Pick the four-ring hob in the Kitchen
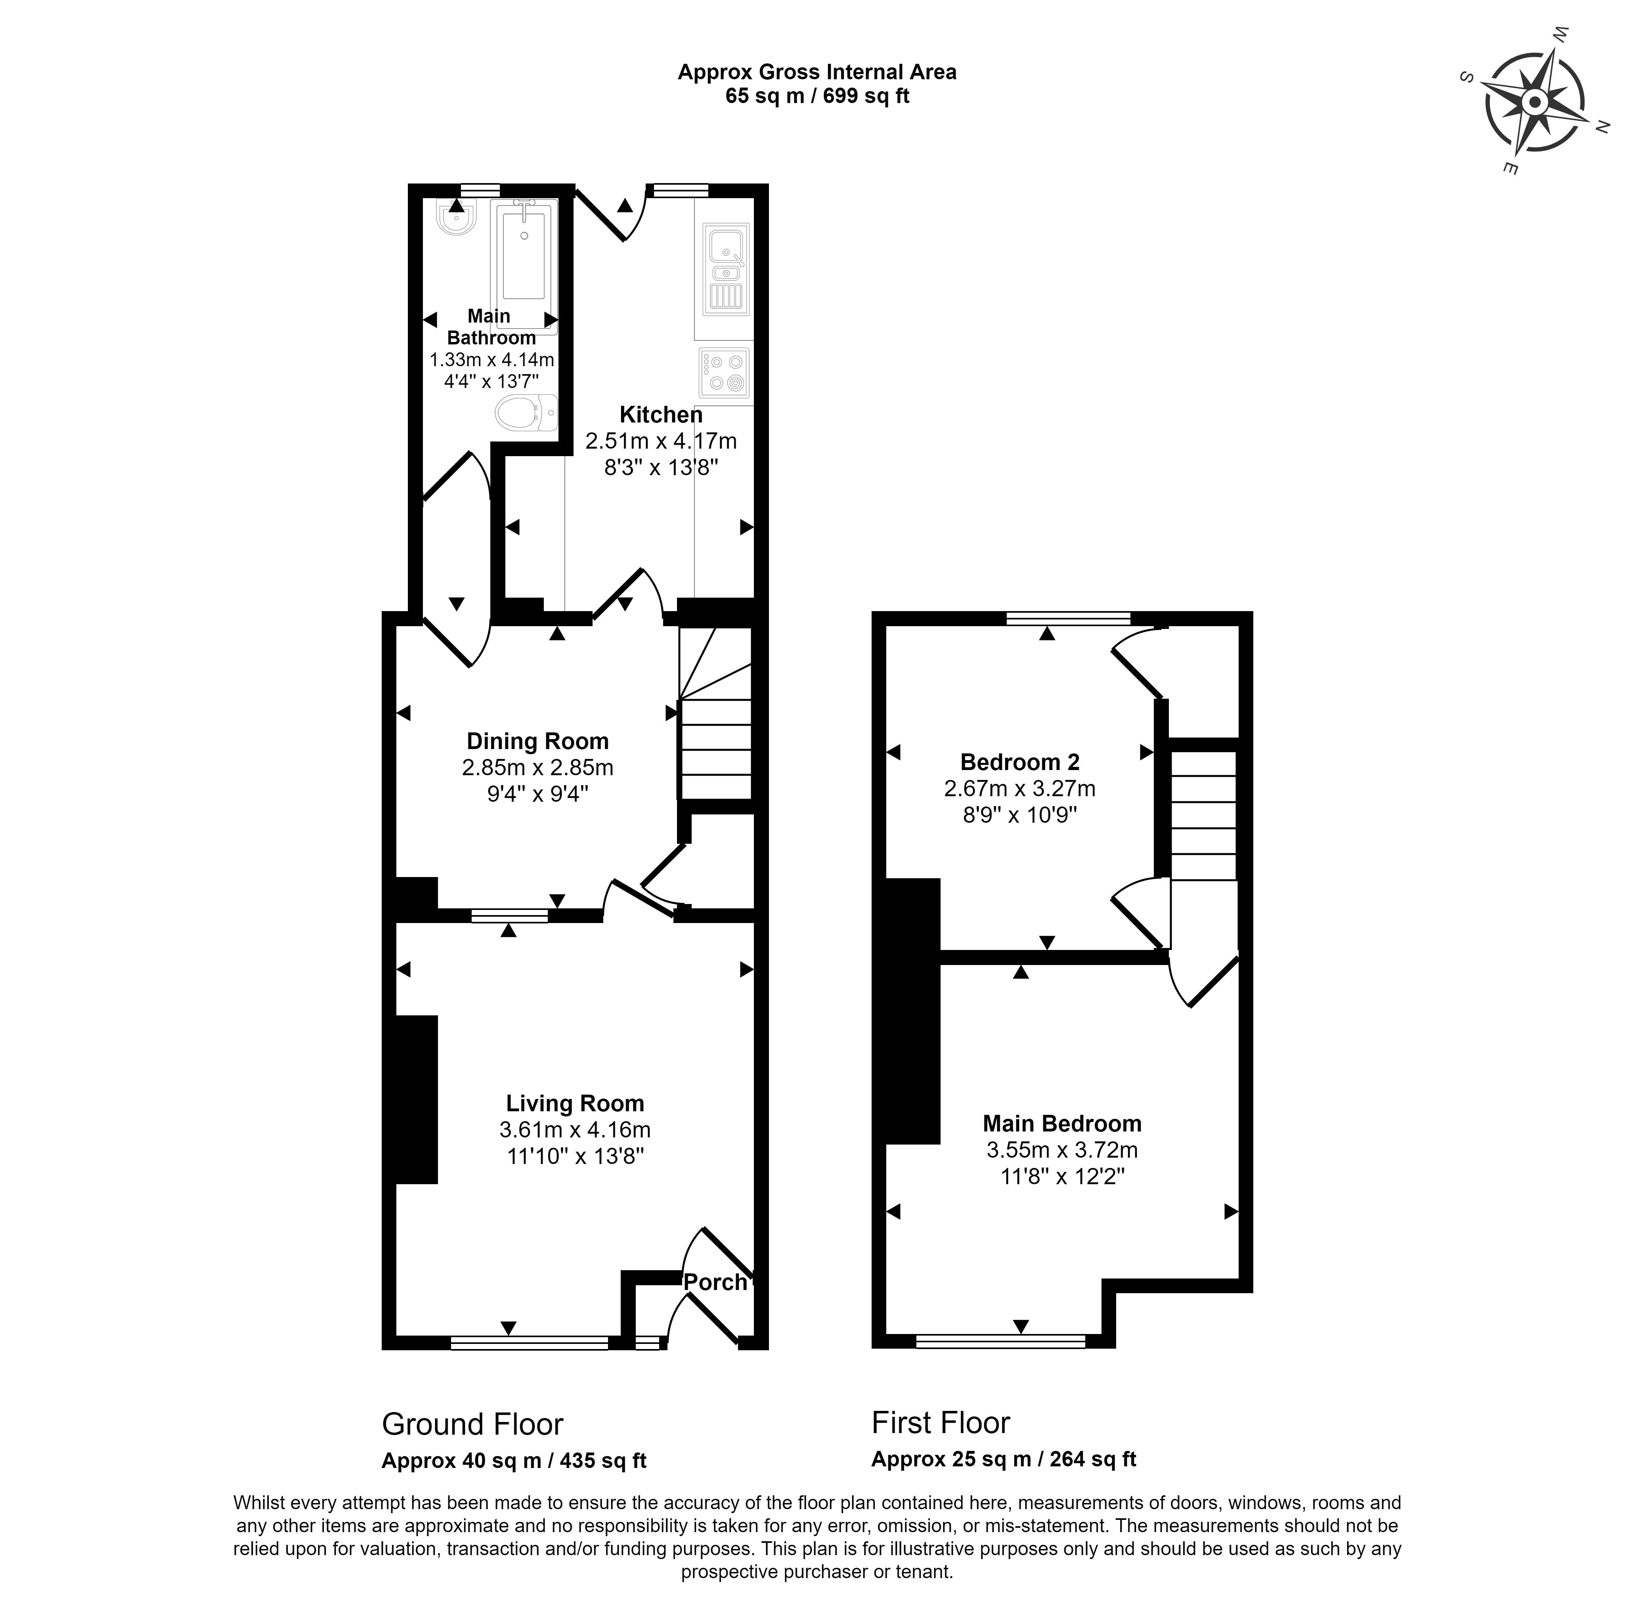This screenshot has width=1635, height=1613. coord(725,373)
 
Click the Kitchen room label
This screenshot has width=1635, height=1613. coord(661,415)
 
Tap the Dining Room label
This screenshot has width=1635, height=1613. coord(537,742)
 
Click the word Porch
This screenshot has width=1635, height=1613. coord(715,1282)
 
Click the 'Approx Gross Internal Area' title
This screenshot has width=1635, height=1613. coord(817,72)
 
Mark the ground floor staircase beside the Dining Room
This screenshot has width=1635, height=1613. coord(716,713)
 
